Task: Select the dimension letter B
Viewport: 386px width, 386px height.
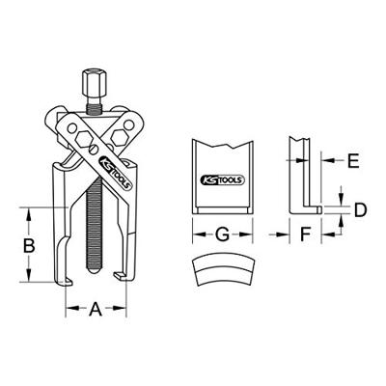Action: click(x=31, y=246)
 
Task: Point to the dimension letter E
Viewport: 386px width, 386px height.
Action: click(x=353, y=161)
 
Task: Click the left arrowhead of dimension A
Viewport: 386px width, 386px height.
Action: click(x=69, y=310)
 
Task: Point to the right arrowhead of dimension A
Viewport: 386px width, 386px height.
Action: click(x=124, y=310)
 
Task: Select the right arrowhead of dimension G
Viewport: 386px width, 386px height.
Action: click(x=253, y=233)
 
